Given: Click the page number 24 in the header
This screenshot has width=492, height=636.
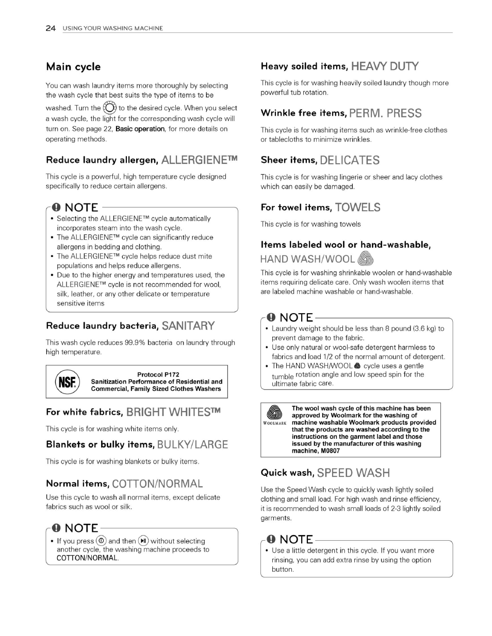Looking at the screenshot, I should (50, 28).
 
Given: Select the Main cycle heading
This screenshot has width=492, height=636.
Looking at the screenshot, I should (73, 67).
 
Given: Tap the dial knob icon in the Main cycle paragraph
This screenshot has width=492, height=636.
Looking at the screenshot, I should (110, 108).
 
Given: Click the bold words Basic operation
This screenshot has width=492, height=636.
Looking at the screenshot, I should (140, 129).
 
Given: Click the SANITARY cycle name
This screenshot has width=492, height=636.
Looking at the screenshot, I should (188, 326).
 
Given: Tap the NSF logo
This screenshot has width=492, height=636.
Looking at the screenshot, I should (67, 382).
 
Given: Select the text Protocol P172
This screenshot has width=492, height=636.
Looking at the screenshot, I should (158, 374).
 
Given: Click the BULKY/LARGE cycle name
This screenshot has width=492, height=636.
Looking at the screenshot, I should (192, 445).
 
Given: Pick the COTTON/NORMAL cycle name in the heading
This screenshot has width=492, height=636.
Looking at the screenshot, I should (157, 484).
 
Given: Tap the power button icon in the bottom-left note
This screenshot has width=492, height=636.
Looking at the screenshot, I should (102, 541).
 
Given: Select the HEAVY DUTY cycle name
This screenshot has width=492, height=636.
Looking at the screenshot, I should (385, 66).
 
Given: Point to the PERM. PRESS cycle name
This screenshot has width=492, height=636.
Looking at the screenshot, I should (385, 113).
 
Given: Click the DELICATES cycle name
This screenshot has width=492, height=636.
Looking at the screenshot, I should (350, 160).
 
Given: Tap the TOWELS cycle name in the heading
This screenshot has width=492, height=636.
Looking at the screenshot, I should (357, 208).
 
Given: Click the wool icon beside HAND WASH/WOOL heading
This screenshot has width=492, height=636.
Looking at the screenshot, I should (365, 259).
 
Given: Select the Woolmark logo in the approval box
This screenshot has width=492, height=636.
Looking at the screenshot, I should (274, 414).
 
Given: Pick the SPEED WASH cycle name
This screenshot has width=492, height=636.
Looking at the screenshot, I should (353, 473).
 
